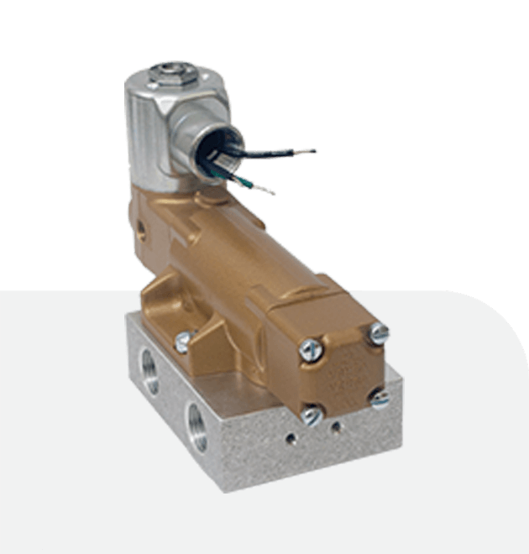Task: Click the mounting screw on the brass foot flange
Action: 183,340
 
